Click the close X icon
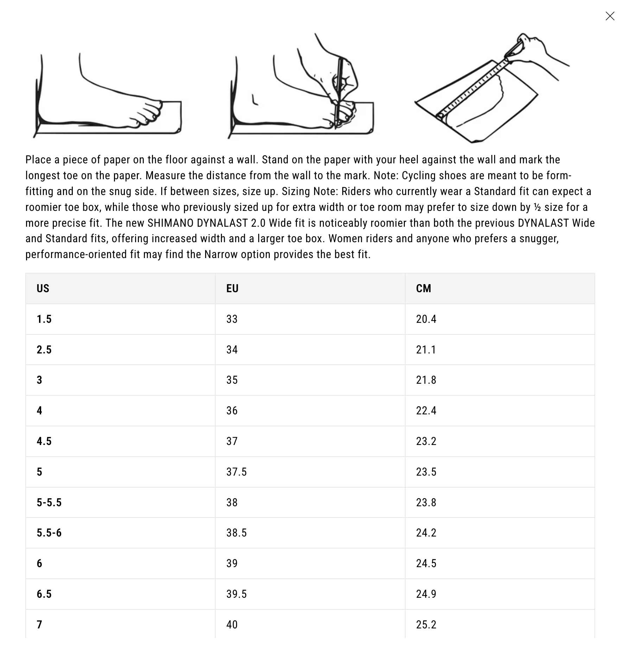coord(610,16)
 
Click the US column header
coord(43,288)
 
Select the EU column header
coord(232,288)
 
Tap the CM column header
coord(424,288)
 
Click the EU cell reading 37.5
coord(236,472)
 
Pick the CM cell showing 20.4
coord(426,319)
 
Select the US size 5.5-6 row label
coord(49,533)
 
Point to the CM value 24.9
coord(426,594)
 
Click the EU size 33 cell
coord(232,319)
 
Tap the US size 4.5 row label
coord(44,441)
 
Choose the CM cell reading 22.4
coord(426,410)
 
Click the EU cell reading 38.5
coord(236,533)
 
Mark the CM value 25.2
coord(426,625)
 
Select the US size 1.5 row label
coord(44,319)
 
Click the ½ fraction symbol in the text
coord(537,207)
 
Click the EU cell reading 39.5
coord(236,594)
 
